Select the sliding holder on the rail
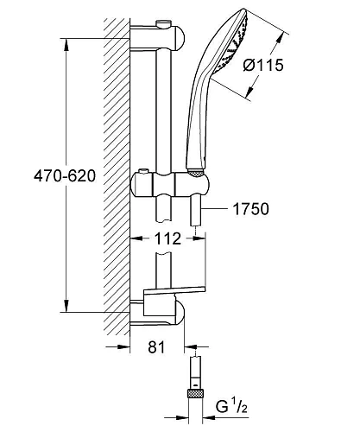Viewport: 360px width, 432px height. click(x=169, y=185)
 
